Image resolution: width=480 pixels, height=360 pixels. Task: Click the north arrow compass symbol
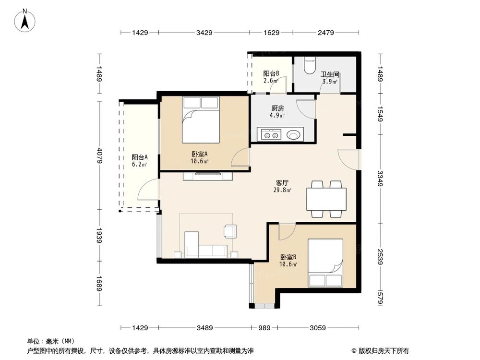tap(25, 21)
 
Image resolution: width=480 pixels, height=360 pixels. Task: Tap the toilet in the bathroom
tap(310, 65)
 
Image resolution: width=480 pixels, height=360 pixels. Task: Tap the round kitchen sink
tap(293, 134)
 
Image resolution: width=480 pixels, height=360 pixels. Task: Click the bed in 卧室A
tap(201, 120)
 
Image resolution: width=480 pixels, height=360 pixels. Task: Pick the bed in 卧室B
tap(325, 263)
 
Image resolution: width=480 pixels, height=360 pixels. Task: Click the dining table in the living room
tap(326, 199)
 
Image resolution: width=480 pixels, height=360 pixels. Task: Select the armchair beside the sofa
tap(230, 231)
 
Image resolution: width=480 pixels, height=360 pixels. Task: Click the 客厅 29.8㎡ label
tap(282, 186)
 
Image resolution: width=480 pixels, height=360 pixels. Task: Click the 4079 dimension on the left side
tap(99, 156)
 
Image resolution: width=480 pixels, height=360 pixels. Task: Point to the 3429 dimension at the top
tap(204, 33)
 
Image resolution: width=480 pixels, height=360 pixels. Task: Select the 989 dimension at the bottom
tap(264, 328)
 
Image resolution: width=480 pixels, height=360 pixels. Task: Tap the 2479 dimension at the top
tap(326, 33)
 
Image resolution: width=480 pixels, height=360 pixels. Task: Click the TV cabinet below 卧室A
tap(208, 176)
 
